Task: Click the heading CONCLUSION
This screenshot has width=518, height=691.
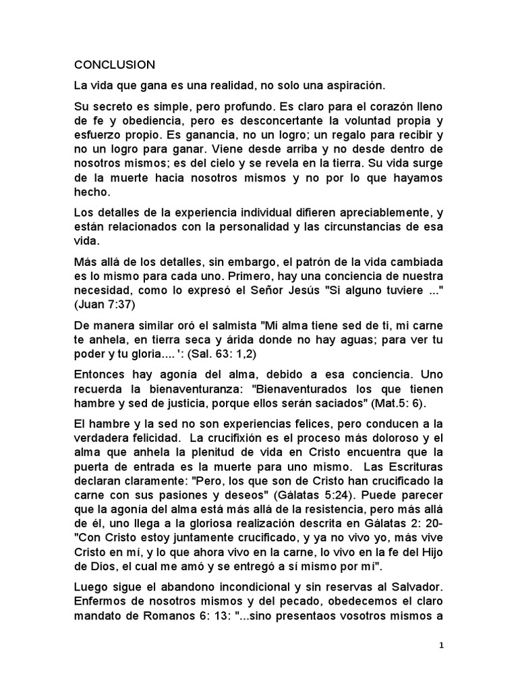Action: pos(115,65)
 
